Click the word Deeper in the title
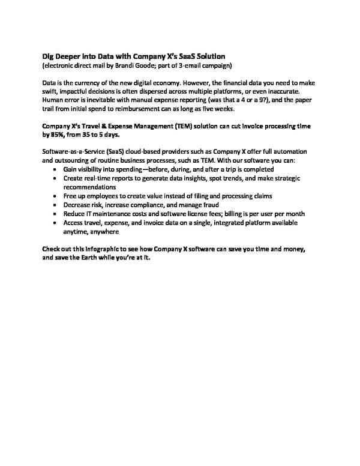[x=71, y=55]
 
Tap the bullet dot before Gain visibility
[x=56, y=170]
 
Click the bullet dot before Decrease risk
[x=56, y=205]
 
